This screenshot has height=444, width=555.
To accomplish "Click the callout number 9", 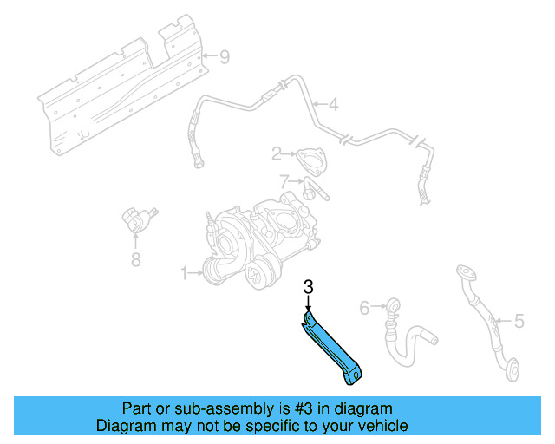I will (x=224, y=58).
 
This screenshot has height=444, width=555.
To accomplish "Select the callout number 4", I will (x=333, y=106).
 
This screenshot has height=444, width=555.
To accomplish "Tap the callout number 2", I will (x=277, y=154).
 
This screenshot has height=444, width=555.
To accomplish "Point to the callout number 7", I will (x=284, y=181).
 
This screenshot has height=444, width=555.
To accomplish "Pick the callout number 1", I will (x=184, y=273).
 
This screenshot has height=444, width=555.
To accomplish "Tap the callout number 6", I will (x=364, y=306).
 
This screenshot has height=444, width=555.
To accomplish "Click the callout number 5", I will (x=519, y=321).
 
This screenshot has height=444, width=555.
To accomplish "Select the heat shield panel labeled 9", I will (x=121, y=82).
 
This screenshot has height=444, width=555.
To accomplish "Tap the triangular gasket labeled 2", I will (x=307, y=160).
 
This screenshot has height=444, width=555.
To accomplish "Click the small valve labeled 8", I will (x=136, y=219).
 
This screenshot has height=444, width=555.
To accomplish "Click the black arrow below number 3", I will (x=308, y=302).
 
